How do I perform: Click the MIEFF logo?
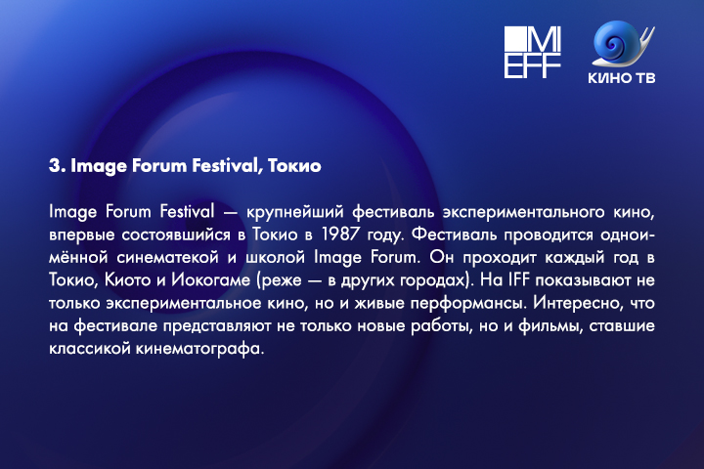[x=533, y=52]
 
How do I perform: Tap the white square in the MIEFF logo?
[x=515, y=38]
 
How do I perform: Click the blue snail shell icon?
[x=622, y=44]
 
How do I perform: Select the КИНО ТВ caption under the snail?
[x=622, y=78]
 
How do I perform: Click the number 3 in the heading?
[x=55, y=165]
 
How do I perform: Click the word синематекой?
[x=167, y=258]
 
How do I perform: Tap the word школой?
[x=275, y=258]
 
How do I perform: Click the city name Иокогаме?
[x=211, y=280]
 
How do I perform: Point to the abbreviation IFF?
[x=519, y=280]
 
